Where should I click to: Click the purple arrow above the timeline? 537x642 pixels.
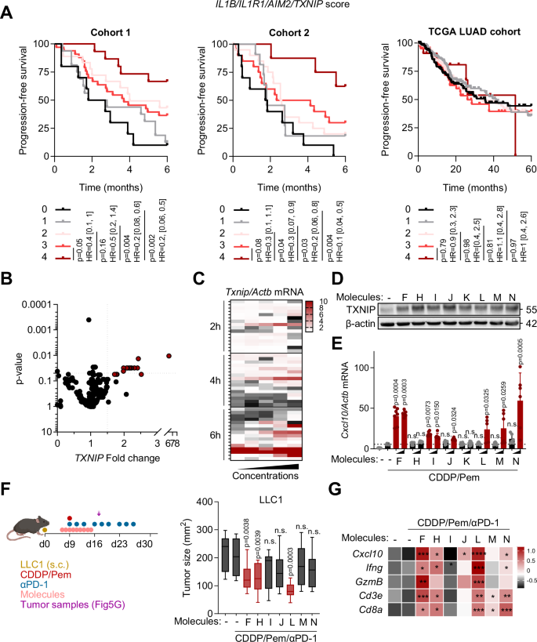pos(99,513)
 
